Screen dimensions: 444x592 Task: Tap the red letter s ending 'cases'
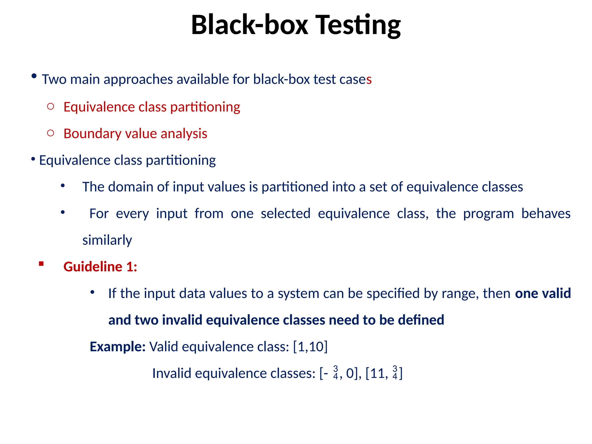tap(369, 79)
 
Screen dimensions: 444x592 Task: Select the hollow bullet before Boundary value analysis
tap(51, 133)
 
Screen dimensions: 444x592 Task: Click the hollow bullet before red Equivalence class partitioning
tap(51, 106)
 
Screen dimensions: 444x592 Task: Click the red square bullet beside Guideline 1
tap(41, 264)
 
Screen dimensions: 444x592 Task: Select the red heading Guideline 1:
tap(100, 267)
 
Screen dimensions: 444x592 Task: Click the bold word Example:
tap(118, 347)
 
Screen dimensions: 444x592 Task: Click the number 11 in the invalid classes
tap(378, 373)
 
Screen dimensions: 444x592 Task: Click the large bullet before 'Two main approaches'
tap(34, 76)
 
